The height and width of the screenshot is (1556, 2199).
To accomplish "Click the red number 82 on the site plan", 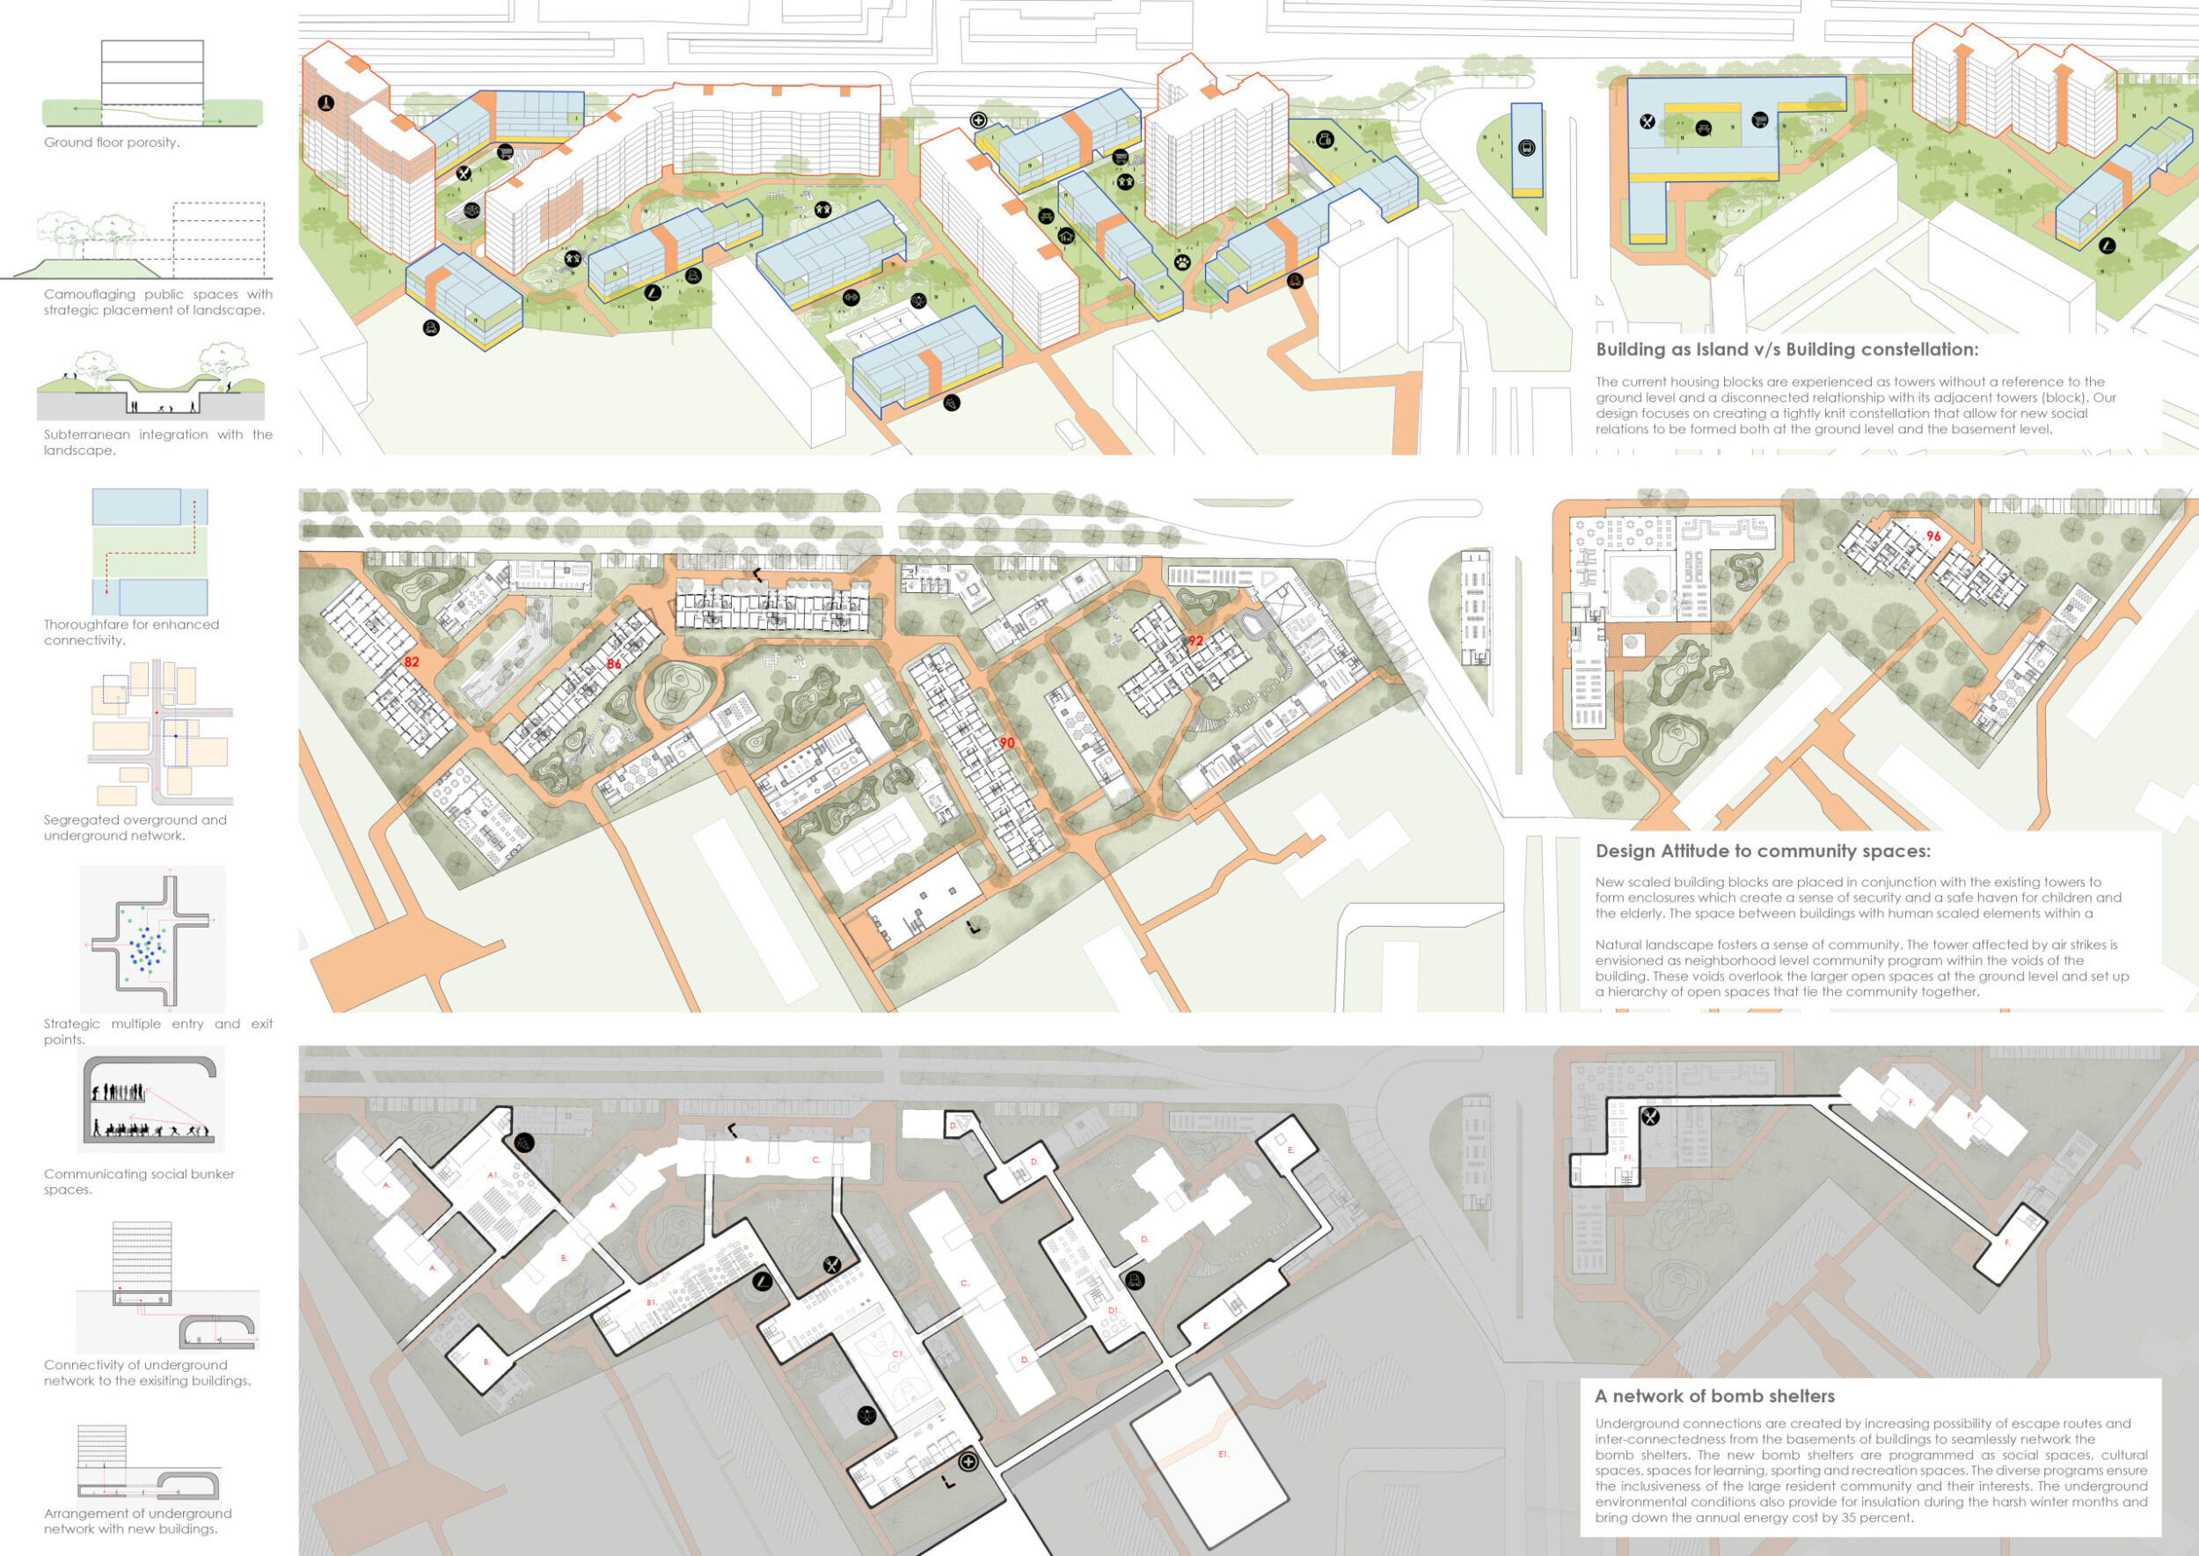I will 412,662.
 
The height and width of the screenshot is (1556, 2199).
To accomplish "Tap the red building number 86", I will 614,664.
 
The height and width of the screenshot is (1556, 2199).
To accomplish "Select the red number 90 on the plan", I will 1006,743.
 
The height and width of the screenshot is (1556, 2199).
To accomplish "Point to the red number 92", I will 1195,641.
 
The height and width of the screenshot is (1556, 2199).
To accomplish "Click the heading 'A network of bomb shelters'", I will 1714,1396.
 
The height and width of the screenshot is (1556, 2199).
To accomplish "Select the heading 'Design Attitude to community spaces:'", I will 1762,851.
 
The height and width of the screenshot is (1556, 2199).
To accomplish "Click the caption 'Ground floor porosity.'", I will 111,143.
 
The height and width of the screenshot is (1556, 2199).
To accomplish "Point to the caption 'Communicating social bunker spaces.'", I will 139,1181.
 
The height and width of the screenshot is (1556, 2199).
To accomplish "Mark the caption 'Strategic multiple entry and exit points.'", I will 158,1031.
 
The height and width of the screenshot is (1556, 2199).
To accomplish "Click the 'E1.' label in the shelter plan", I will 1223,1455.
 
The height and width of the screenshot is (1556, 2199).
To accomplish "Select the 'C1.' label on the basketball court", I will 898,1354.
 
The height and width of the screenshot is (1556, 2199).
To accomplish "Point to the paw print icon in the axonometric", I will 1183,261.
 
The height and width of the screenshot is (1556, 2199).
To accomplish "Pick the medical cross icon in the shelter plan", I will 968,1462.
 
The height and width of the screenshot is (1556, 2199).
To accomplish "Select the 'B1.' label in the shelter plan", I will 651,1303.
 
